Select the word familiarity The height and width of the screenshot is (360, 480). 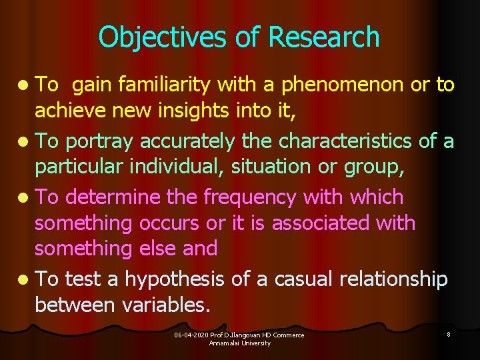(x=167, y=85)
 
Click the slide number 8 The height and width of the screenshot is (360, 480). (x=449, y=334)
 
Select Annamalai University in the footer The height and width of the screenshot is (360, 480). (x=239, y=343)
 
